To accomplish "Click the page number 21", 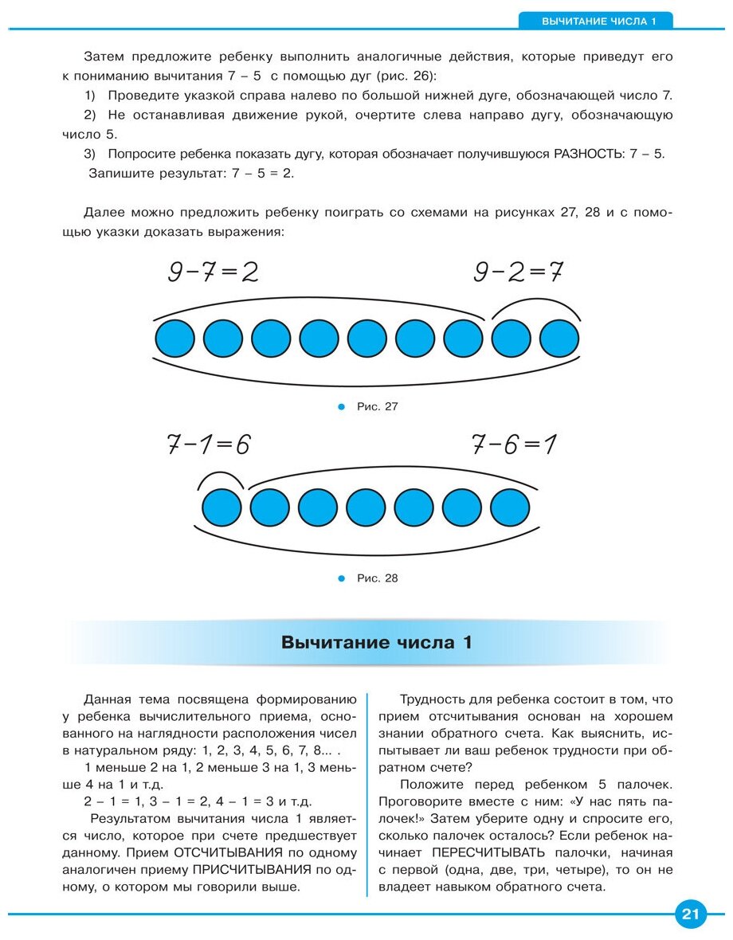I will pos(690,915).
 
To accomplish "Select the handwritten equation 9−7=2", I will pos(213,272).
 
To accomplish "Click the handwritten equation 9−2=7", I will pos(518,272).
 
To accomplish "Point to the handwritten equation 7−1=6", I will pos(208,445).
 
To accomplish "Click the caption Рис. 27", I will pos(377,406).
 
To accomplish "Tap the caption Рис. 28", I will pos(377,578).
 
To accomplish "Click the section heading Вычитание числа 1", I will pos(376,642).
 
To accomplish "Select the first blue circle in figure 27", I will pos(175,338).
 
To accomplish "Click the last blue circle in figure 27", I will pos(560,338).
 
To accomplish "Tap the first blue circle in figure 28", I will pos(221,507).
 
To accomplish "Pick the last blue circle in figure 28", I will pos(510,507).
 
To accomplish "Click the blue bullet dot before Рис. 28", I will pos(343,578).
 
